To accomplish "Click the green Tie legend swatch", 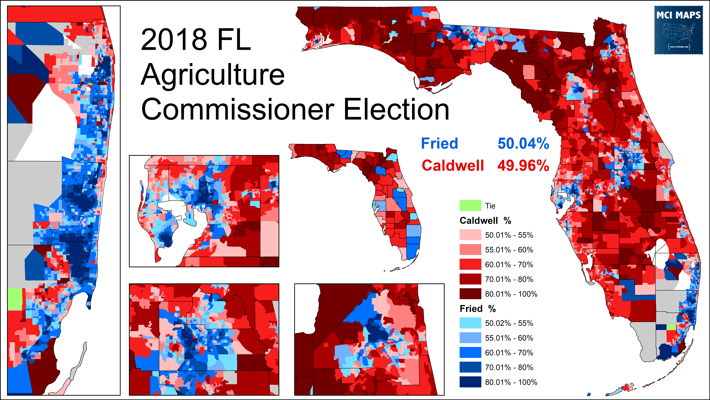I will point(470,206).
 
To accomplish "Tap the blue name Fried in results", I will point(439,144).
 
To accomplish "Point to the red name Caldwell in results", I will point(453,166).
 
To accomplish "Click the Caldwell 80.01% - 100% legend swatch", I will point(470,294).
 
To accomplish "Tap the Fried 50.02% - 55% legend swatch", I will point(470,323).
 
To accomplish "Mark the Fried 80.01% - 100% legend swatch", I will point(470,382).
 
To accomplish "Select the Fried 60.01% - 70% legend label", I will point(509,353).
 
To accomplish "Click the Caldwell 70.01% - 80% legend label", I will point(509,279).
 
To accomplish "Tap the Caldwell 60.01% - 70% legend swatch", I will point(470,264).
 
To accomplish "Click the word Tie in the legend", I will point(490,206).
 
